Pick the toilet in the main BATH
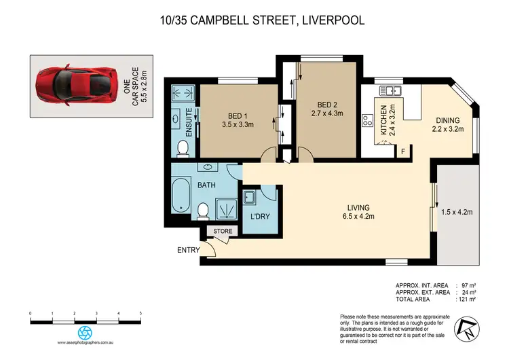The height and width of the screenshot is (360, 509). coord(202,212)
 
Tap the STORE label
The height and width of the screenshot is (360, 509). coord(223,232)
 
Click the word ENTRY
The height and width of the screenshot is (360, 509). coord(188,251)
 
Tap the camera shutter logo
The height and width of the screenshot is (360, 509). coord(86,332)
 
